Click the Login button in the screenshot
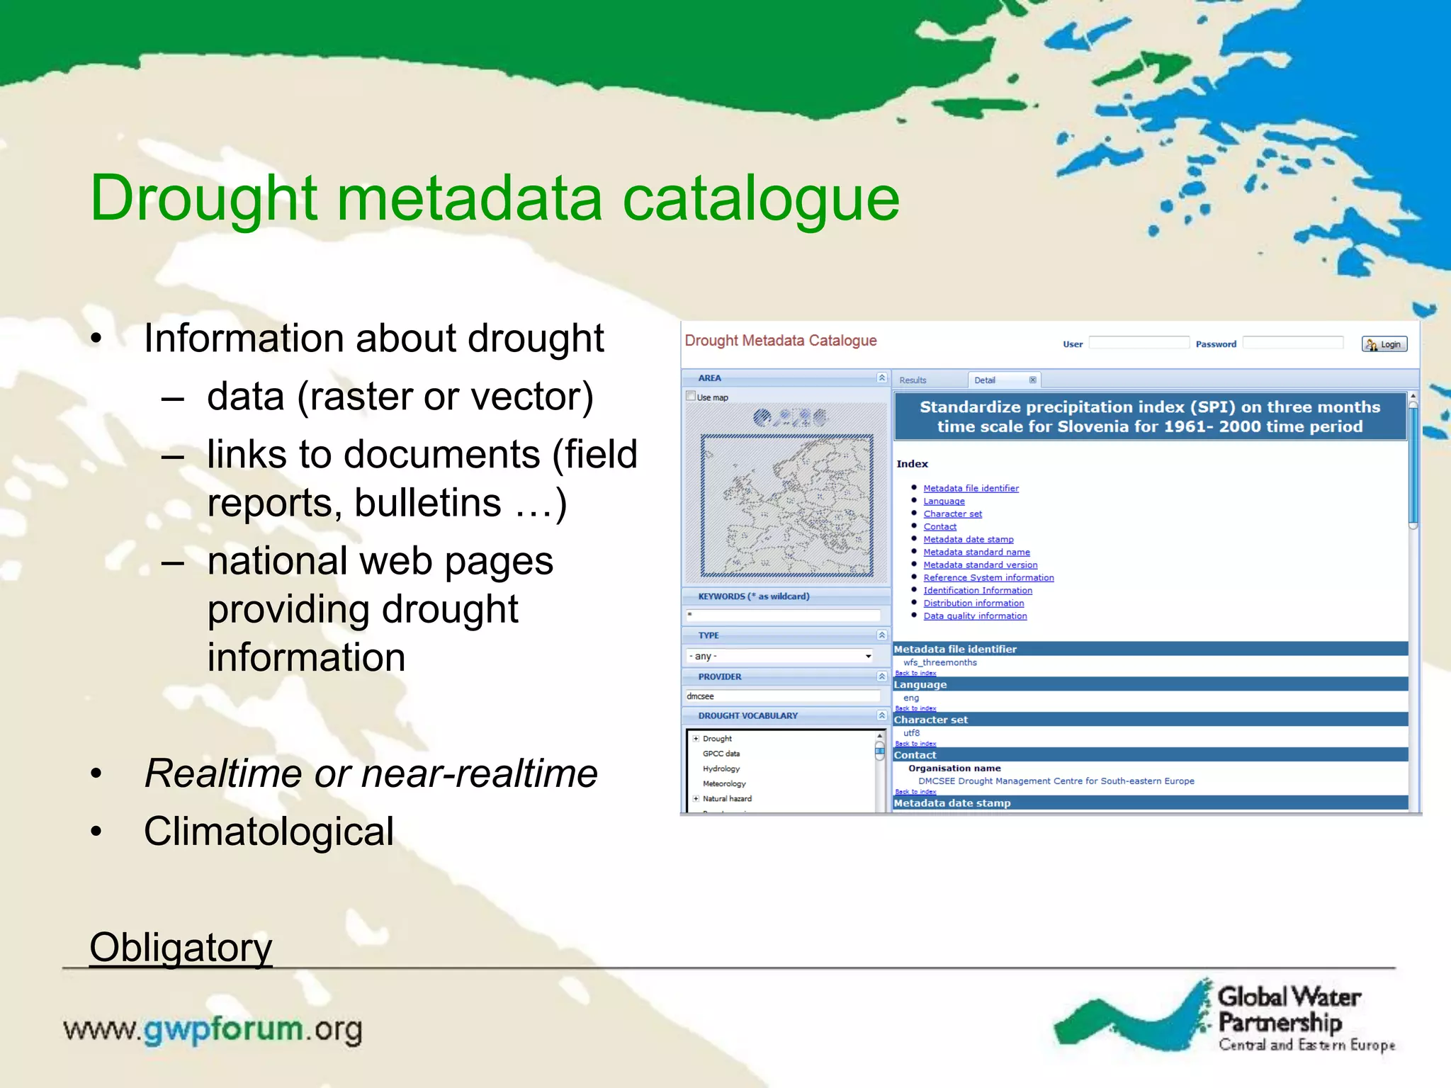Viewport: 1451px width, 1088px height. pyautogui.click(x=1384, y=344)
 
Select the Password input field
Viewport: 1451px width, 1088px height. pyautogui.click(x=1292, y=343)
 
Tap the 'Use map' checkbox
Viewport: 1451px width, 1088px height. pyautogui.click(x=691, y=397)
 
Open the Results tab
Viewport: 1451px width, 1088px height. pyautogui.click(x=913, y=380)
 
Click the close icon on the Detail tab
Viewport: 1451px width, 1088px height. pyautogui.click(x=1032, y=380)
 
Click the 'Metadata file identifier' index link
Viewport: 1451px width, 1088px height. pyautogui.click(x=971, y=488)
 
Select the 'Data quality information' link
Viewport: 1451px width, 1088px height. pyautogui.click(x=975, y=616)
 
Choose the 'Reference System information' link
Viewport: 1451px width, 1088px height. pyautogui.click(x=988, y=577)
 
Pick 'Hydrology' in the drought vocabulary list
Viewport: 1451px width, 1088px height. pyautogui.click(x=721, y=769)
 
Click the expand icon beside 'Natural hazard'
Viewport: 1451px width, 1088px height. pyautogui.click(x=696, y=798)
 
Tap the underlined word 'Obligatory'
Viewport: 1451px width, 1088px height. pyautogui.click(x=181, y=947)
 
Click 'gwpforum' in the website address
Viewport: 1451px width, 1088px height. pyautogui.click(x=223, y=1028)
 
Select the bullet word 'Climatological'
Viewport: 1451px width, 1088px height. pyautogui.click(x=269, y=832)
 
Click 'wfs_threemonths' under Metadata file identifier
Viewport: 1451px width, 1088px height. pyautogui.click(x=939, y=662)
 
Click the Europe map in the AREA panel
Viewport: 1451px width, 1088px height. pyautogui.click(x=786, y=504)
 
